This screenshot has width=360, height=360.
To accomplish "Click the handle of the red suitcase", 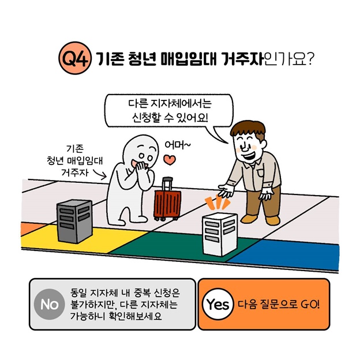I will coord(167,183).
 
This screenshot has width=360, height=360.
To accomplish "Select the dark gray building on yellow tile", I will coord(73,221).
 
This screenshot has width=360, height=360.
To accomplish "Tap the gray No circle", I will coord(50,304).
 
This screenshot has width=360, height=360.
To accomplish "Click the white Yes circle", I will coord(217,304).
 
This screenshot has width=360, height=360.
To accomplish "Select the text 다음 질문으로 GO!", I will coord(278,304).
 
